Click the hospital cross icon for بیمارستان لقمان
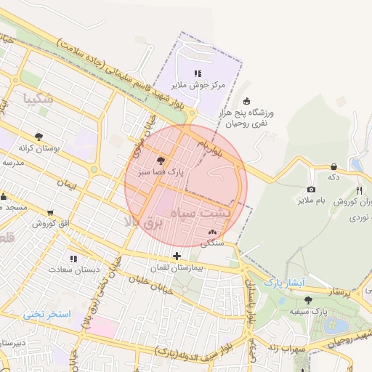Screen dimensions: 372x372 coord(177,256)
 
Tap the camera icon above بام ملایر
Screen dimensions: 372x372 coord(311,189)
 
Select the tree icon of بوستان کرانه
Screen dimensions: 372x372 coord(39,136)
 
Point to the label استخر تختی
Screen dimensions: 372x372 coord(46,314)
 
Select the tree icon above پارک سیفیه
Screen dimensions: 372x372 coord(309,299)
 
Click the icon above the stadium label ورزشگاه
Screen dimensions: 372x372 coord(246,101)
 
